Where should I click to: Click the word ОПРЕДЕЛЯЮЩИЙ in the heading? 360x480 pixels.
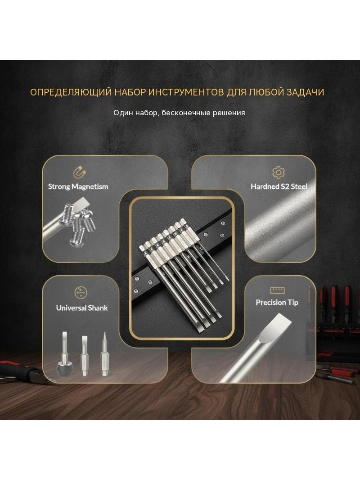71,92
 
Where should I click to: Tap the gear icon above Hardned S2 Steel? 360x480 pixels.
279,172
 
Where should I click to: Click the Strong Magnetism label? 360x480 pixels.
78,186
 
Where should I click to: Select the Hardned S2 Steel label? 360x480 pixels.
279,186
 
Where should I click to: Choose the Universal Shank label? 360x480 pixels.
81,308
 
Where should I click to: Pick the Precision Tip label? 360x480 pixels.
277,303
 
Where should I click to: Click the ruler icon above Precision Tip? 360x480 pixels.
277,290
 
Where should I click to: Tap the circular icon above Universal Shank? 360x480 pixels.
81,293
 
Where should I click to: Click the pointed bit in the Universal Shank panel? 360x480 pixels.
105,354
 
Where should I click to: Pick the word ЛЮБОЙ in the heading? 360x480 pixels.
266,92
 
